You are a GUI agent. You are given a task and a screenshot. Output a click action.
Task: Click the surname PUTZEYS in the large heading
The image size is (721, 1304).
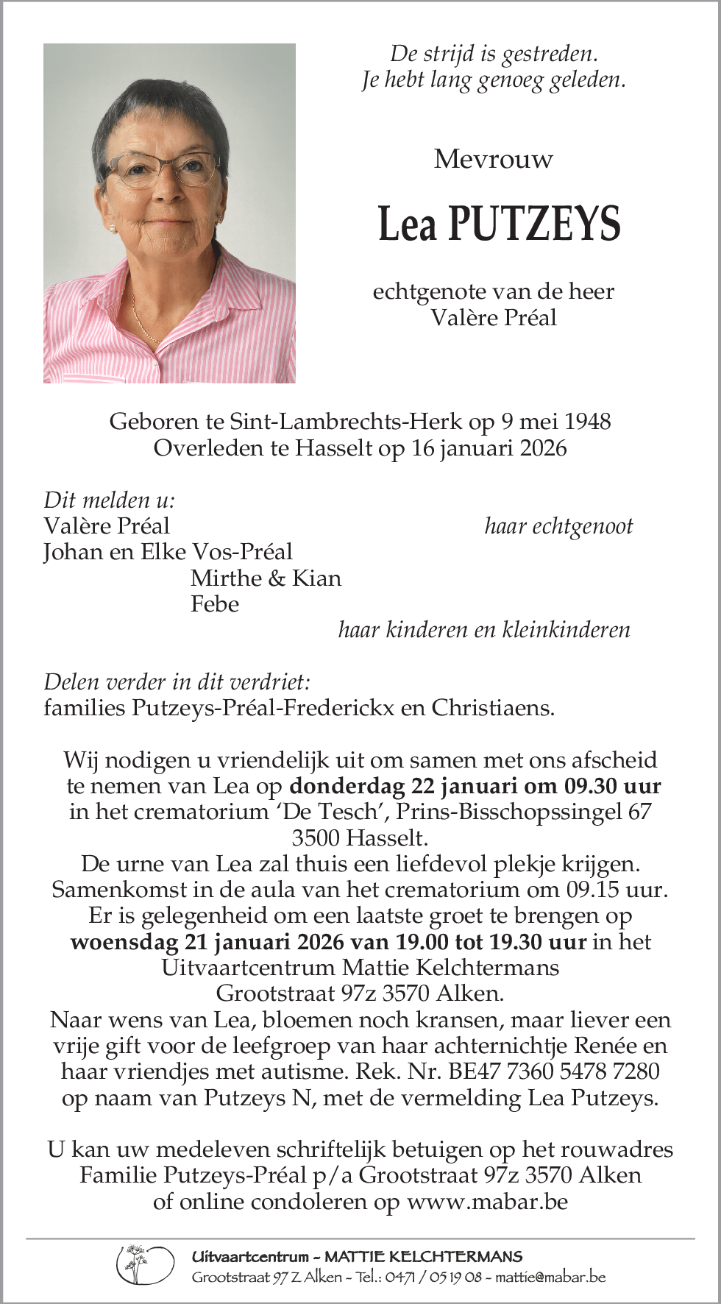click(534, 224)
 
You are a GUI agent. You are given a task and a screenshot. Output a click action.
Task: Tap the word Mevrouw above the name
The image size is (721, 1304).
click(493, 159)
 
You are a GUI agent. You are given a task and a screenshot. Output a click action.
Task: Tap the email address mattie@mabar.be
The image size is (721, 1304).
click(550, 1277)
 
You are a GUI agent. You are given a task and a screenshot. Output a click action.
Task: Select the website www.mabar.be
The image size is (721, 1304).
click(487, 1202)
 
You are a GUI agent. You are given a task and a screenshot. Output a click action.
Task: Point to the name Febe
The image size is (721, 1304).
click(215, 604)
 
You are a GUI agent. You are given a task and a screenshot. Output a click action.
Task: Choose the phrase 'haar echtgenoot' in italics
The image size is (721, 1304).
click(558, 526)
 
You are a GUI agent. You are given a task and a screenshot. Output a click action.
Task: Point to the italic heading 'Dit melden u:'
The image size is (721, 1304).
click(110, 500)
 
